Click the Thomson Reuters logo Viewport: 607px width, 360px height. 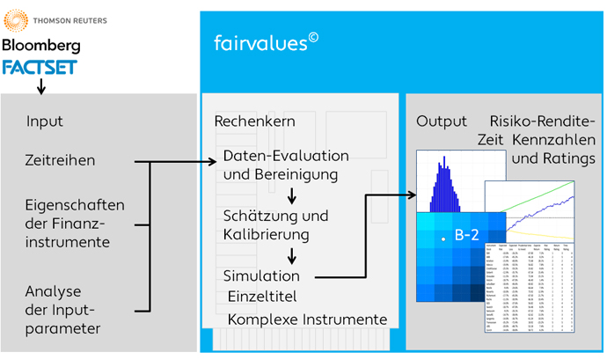point(46,18)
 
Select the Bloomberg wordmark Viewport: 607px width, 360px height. point(41,44)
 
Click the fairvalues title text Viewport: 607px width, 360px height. point(260,41)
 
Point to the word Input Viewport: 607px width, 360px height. point(45,121)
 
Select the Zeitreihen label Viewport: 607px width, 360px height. point(61,161)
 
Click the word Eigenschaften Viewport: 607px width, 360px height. point(76,204)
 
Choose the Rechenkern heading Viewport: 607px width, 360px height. point(255,121)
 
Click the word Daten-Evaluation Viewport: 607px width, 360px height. point(286,156)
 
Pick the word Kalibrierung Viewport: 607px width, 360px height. point(266,235)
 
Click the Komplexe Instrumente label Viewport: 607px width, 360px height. point(308,318)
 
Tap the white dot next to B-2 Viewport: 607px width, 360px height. point(444,239)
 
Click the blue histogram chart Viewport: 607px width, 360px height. point(450,184)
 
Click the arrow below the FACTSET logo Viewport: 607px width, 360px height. point(40,85)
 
